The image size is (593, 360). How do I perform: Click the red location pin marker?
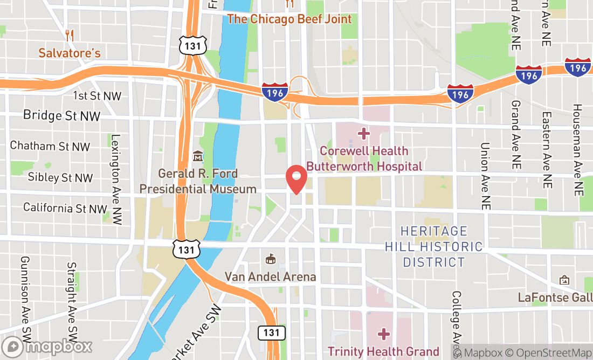(296, 179)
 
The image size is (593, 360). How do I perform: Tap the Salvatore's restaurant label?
(69, 53)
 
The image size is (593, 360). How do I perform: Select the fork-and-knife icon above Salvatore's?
(69, 36)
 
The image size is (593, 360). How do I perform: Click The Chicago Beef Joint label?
(289, 19)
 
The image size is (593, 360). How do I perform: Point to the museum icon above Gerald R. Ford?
(197, 156)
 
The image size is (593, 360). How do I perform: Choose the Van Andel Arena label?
(270, 277)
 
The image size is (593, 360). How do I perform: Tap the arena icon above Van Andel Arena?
(270, 259)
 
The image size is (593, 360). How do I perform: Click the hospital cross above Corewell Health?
(364, 133)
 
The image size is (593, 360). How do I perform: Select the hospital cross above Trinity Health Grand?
(383, 335)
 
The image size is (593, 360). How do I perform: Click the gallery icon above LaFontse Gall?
(564, 280)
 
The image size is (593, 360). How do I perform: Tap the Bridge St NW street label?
(61, 115)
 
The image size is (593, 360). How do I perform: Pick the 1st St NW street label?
(97, 96)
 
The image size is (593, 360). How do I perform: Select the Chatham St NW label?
(50, 146)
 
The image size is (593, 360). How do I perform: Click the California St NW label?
(65, 208)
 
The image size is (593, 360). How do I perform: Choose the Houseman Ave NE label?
(577, 150)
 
